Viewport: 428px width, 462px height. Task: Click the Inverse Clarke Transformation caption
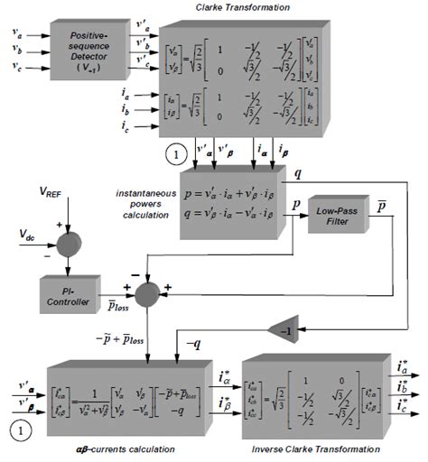(x=317, y=448)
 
